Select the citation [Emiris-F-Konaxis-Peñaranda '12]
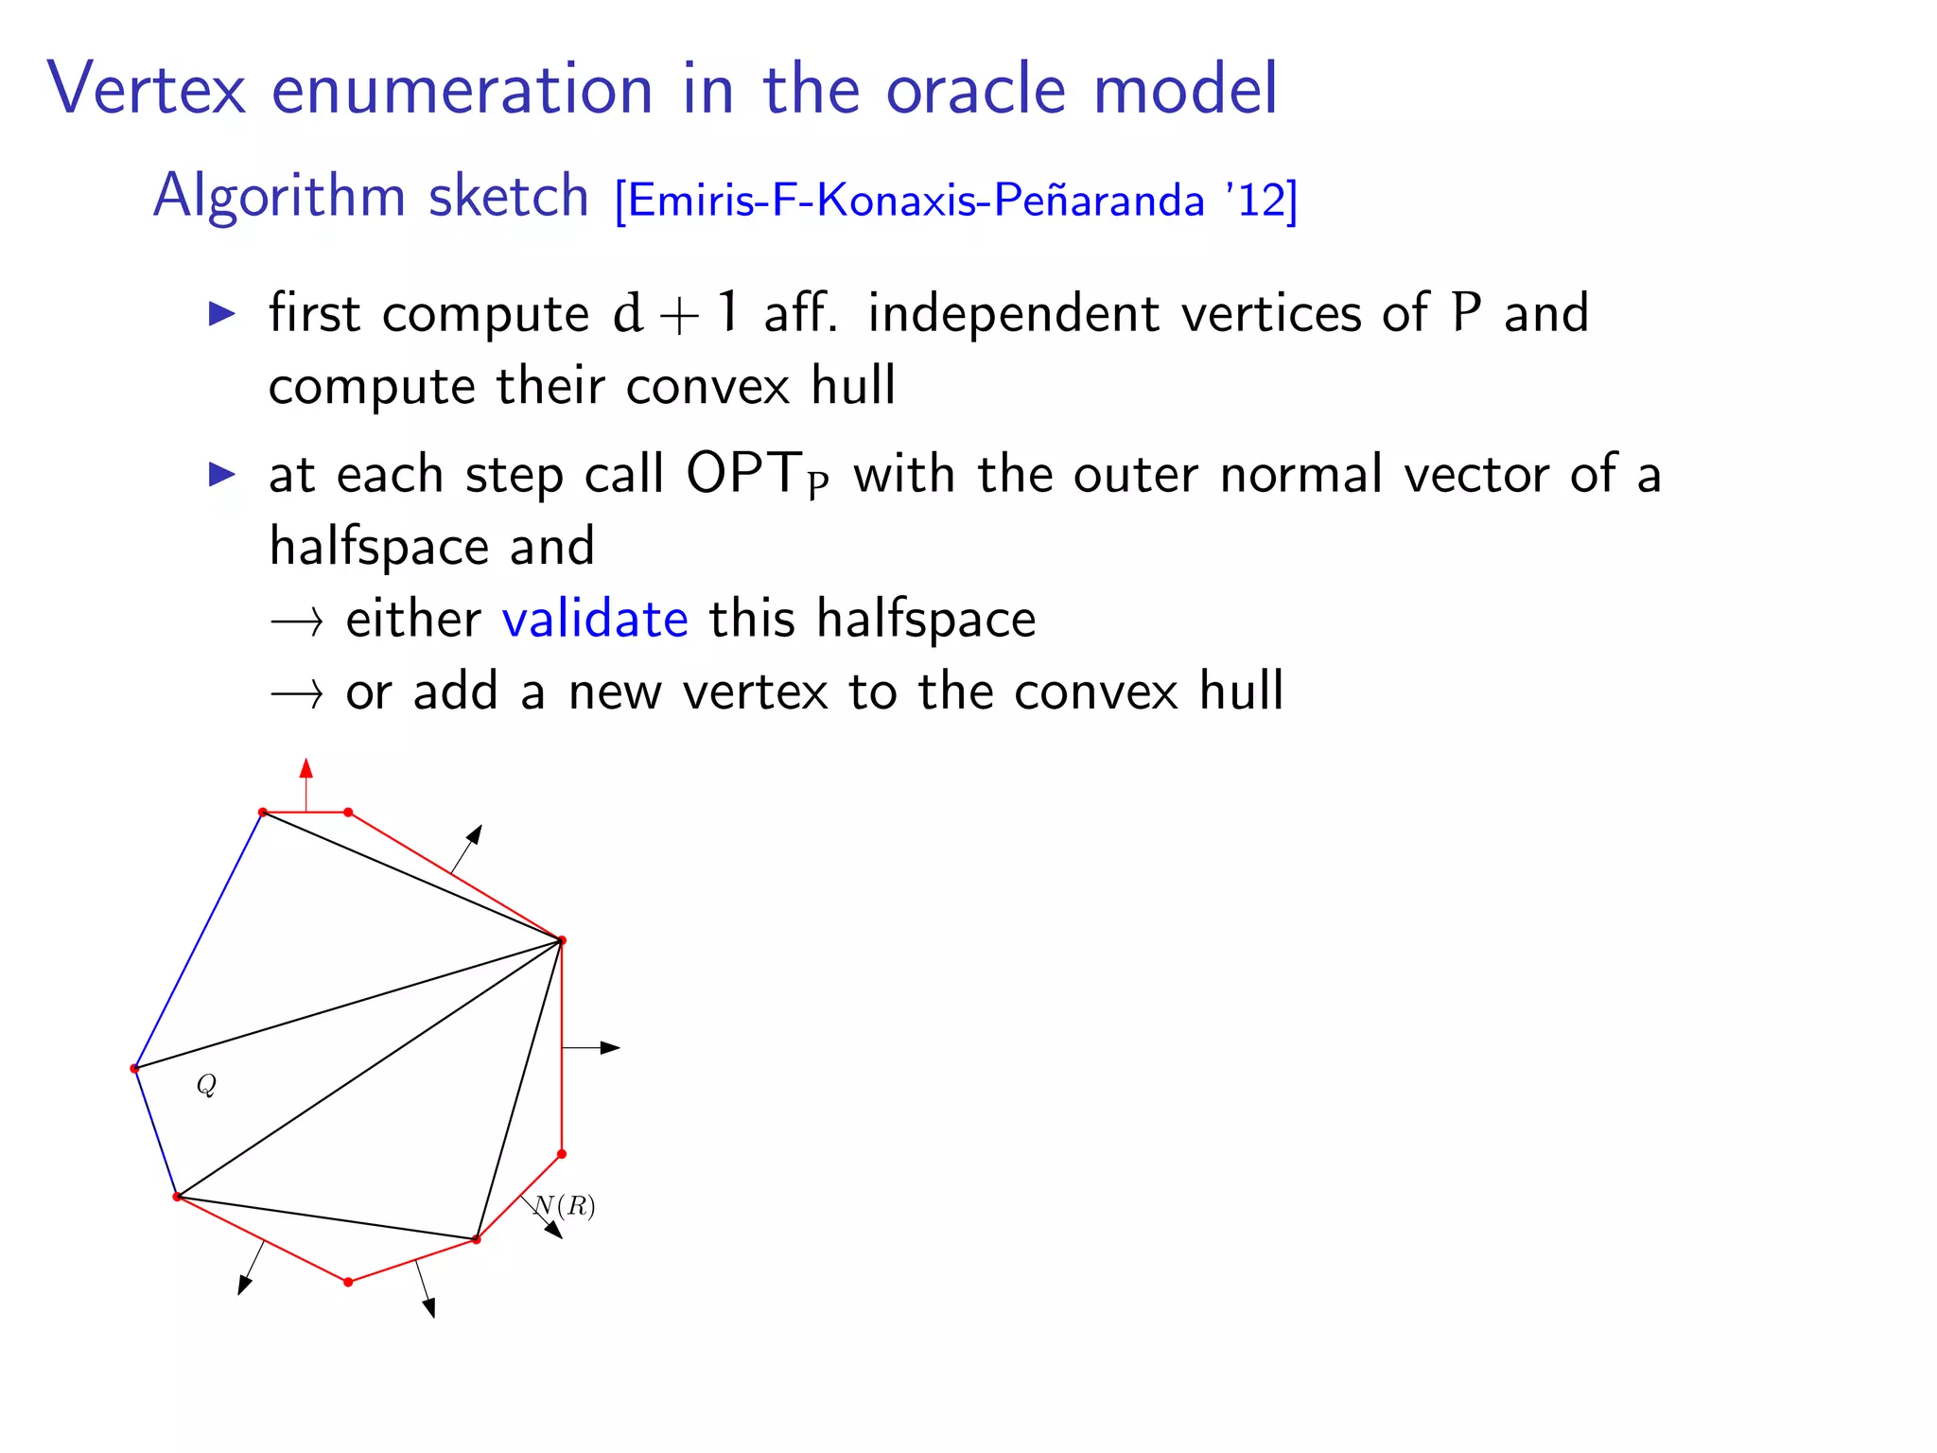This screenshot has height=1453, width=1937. coord(955,200)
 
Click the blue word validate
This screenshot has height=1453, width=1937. coord(595,620)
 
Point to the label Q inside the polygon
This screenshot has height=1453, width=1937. coord(206,1084)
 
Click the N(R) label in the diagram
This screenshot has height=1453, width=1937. coord(566,1206)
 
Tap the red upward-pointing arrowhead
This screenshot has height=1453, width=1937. coord(305,768)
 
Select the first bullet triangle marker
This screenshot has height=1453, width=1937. coord(221,314)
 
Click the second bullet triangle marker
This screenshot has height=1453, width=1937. coord(221,474)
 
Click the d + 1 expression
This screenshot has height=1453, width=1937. coord(675,314)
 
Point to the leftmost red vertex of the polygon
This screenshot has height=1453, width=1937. coord(134,1069)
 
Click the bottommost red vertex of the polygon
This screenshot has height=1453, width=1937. coord(348,1282)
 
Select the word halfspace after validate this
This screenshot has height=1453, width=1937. coord(926,620)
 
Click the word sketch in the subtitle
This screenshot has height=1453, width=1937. coord(509,196)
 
